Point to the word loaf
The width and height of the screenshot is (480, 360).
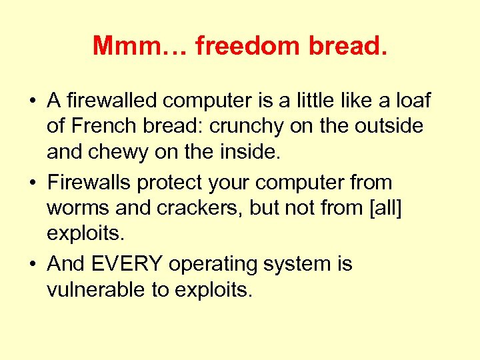[x=414, y=101]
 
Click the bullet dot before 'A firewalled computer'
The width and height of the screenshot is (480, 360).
[x=31, y=102]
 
